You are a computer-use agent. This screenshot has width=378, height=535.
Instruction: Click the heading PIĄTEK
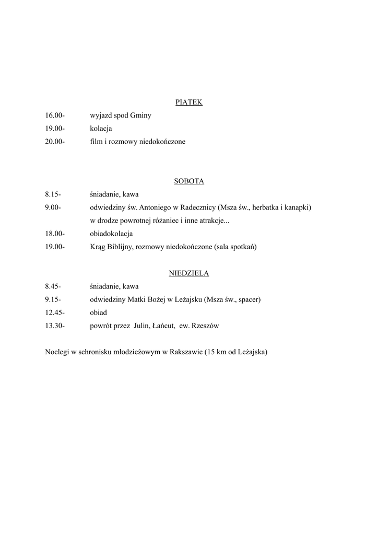[188, 102]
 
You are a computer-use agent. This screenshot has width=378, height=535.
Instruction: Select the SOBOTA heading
[188, 181]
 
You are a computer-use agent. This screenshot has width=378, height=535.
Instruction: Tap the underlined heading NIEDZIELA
[188, 273]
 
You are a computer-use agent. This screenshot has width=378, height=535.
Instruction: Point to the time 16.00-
[55, 115]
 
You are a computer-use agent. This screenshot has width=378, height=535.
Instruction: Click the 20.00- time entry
[55, 142]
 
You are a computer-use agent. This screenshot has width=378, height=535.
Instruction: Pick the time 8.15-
[53, 194]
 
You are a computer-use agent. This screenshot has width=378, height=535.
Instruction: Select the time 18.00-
[55, 234]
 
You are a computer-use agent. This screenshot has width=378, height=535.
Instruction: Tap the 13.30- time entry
[55, 325]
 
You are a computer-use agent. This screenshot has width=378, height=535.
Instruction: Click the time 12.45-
[55, 312]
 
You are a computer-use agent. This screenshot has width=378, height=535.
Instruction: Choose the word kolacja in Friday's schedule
[101, 129]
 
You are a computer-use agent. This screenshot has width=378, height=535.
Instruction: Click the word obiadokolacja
[111, 234]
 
